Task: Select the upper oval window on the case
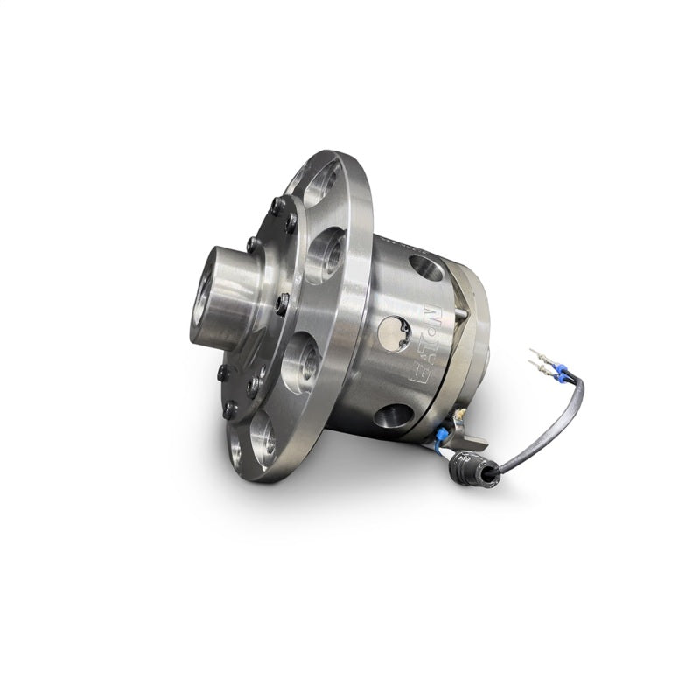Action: pyautogui.click(x=426, y=269)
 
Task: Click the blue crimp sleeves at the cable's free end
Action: pyautogui.click(x=560, y=374)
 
